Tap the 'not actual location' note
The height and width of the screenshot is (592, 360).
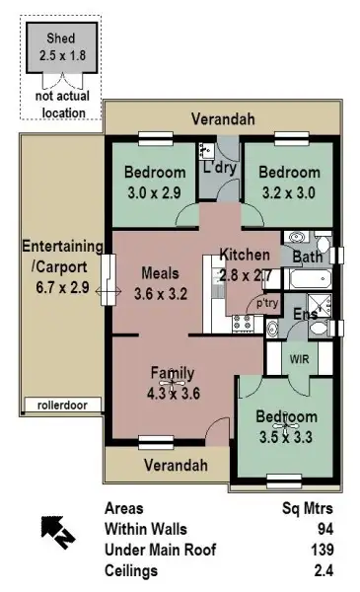[59, 106]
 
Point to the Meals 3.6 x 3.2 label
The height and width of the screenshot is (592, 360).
[158, 282]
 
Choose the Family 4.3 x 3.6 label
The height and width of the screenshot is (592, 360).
[173, 382]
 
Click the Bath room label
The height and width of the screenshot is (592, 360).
[307, 258]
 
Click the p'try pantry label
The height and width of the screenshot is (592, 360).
[266, 304]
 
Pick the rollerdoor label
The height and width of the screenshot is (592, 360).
[57, 405]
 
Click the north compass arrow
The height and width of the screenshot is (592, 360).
[55, 531]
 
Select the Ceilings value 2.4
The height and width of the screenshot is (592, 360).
[331, 570]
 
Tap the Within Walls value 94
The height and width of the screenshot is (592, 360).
[333, 530]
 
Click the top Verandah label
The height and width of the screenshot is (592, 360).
[223, 119]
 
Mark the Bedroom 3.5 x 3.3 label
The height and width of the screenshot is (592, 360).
[289, 424]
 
